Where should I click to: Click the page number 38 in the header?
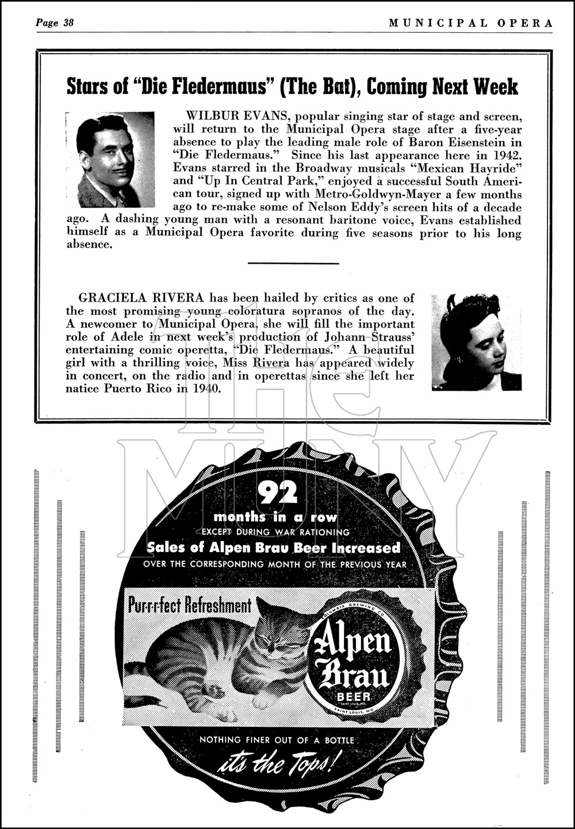click(x=68, y=23)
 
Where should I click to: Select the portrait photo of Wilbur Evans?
click(x=115, y=159)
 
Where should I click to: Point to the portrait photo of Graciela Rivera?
click(x=476, y=342)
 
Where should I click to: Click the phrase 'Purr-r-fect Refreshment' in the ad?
click(x=190, y=606)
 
